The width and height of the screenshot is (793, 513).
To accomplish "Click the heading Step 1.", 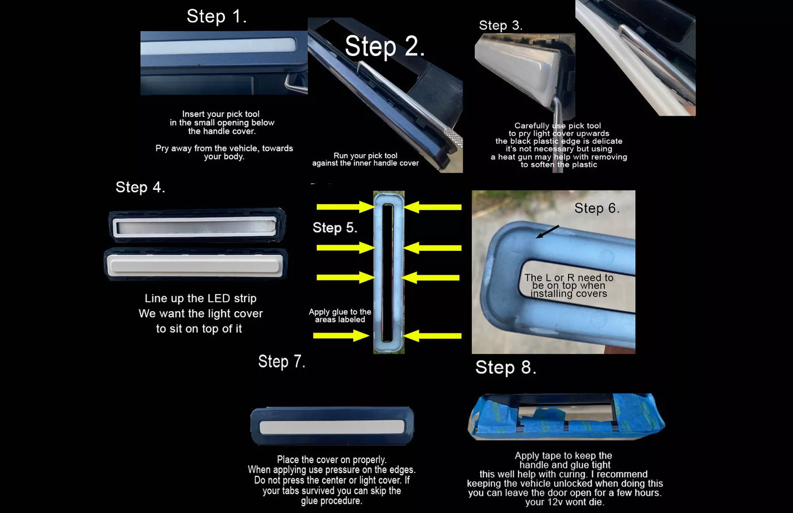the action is click(217, 16).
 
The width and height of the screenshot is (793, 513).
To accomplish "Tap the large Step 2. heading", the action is click(385, 47).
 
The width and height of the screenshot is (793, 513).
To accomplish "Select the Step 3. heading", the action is click(500, 25).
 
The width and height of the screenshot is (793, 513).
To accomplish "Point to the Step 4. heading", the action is click(140, 187).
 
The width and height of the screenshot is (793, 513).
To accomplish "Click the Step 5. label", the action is click(335, 228).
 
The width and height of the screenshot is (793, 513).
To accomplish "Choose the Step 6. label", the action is click(597, 208).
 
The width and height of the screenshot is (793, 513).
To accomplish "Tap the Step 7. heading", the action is click(282, 362).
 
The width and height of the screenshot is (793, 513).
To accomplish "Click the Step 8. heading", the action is click(506, 368).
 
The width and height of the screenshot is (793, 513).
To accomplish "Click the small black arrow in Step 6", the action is click(547, 232).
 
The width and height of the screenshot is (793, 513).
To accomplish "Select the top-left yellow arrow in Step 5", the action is click(346, 207).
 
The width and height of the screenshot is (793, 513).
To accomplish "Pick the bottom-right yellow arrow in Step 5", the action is click(432, 336).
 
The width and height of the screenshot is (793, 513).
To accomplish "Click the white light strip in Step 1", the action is click(218, 47).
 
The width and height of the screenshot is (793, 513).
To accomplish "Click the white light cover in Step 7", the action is click(331, 427).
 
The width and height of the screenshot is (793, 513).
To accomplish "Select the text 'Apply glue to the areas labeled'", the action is click(340, 315).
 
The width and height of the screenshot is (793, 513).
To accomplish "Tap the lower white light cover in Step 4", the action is click(195, 265).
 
